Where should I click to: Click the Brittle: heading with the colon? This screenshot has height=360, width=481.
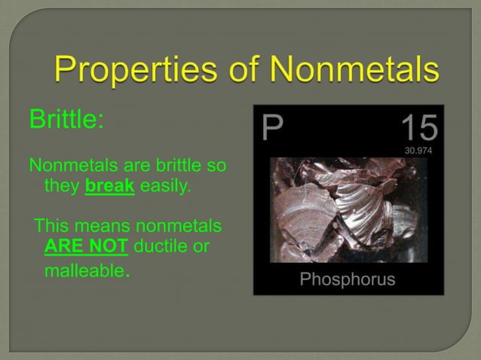[66, 120]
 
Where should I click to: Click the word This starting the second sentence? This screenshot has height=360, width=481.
[52, 225]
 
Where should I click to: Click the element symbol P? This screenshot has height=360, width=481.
[272, 129]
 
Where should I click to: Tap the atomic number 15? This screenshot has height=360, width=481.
[418, 128]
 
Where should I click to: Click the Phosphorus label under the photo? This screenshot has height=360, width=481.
[348, 279]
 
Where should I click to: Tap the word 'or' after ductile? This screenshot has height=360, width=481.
[200, 246]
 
